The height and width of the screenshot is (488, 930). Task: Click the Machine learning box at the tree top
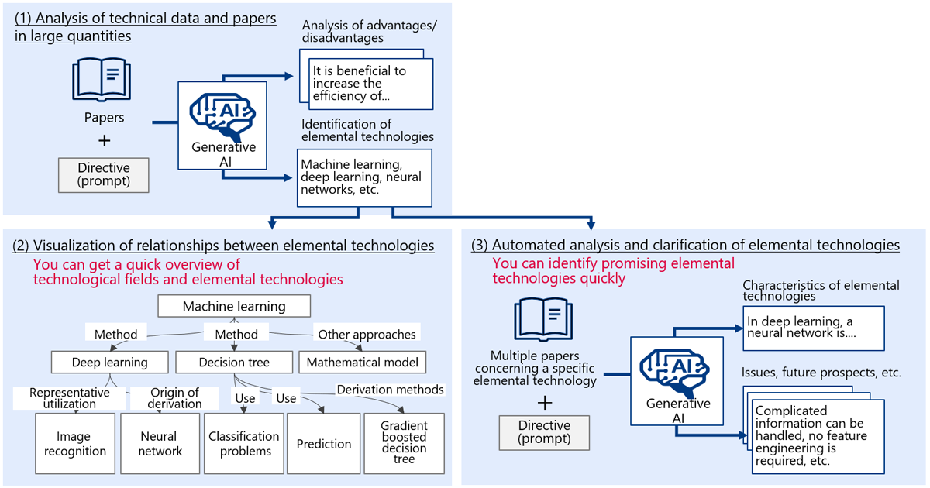pyautogui.click(x=234, y=306)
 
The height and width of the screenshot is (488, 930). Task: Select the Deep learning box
pyautogui.click(x=110, y=363)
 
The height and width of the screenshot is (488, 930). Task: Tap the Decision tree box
pyautogui.click(x=234, y=363)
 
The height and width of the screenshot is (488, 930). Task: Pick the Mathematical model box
pyautogui.click(x=363, y=363)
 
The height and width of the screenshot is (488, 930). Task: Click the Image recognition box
pyautogui.click(x=75, y=444)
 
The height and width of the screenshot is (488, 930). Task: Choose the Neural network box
pyautogui.click(x=160, y=444)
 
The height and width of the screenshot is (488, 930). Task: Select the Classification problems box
pyautogui.click(x=244, y=444)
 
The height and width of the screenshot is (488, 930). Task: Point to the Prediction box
pyautogui.click(x=324, y=444)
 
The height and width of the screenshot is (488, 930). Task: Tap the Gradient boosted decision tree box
pyautogui.click(x=405, y=444)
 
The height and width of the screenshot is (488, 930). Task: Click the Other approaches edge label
pyautogui.click(x=367, y=334)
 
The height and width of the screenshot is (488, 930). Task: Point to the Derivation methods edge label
pyautogui.click(x=391, y=390)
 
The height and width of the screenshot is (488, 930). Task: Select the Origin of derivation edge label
pyautogui.click(x=175, y=398)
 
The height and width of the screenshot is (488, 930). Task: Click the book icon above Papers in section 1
pyautogui.click(x=102, y=80)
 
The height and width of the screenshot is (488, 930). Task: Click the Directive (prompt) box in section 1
pyautogui.click(x=104, y=175)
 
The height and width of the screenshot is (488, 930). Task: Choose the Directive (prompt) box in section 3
pyautogui.click(x=544, y=433)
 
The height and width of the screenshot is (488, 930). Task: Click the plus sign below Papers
pyautogui.click(x=105, y=141)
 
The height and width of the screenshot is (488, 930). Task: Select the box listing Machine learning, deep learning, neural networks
pyautogui.click(x=364, y=178)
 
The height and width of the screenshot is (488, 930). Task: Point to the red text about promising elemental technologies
pyautogui.click(x=614, y=270)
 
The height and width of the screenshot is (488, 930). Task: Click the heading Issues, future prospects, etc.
pyautogui.click(x=821, y=373)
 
